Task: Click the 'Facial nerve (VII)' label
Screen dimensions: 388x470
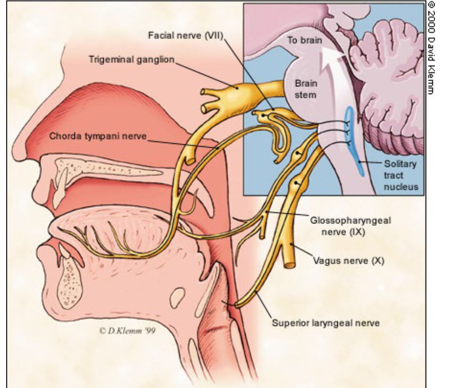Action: (186, 36)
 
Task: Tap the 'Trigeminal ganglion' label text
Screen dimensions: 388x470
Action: (132, 59)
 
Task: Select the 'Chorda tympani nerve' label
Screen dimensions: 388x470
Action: (98, 136)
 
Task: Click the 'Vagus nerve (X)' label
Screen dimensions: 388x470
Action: (348, 260)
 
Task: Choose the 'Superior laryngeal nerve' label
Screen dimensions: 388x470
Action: (325, 323)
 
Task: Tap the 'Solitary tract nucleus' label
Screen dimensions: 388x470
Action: (400, 175)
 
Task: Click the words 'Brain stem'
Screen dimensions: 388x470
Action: (306, 89)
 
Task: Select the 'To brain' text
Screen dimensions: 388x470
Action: (304, 40)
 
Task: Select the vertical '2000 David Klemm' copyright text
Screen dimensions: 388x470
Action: (430, 49)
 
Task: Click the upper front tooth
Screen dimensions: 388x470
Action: (59, 187)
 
